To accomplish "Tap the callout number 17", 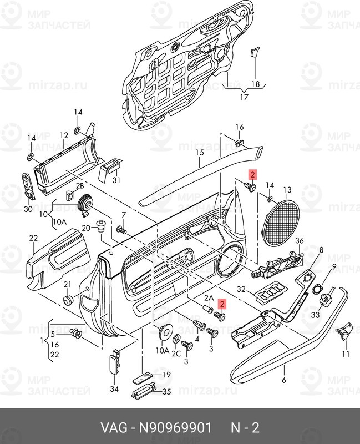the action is pos(244,97).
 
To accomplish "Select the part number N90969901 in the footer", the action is pos(175,427).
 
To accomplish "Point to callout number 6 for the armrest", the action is pos(284,380).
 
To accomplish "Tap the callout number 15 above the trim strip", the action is pos(200,153).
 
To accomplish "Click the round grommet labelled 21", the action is pos(68,300).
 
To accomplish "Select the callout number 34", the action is pos(114,389).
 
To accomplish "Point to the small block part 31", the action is pos(110,169).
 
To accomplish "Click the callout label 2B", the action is pos(80,186).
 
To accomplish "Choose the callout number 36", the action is pos(300,241).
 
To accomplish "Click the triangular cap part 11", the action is pos(344,330).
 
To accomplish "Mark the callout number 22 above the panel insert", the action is pos(33,238).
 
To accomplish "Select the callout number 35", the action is pos(167,392).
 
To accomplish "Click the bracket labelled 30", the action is pos(28,187).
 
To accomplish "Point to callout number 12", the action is pos(64,135).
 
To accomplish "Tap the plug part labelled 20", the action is pos(100,226).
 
